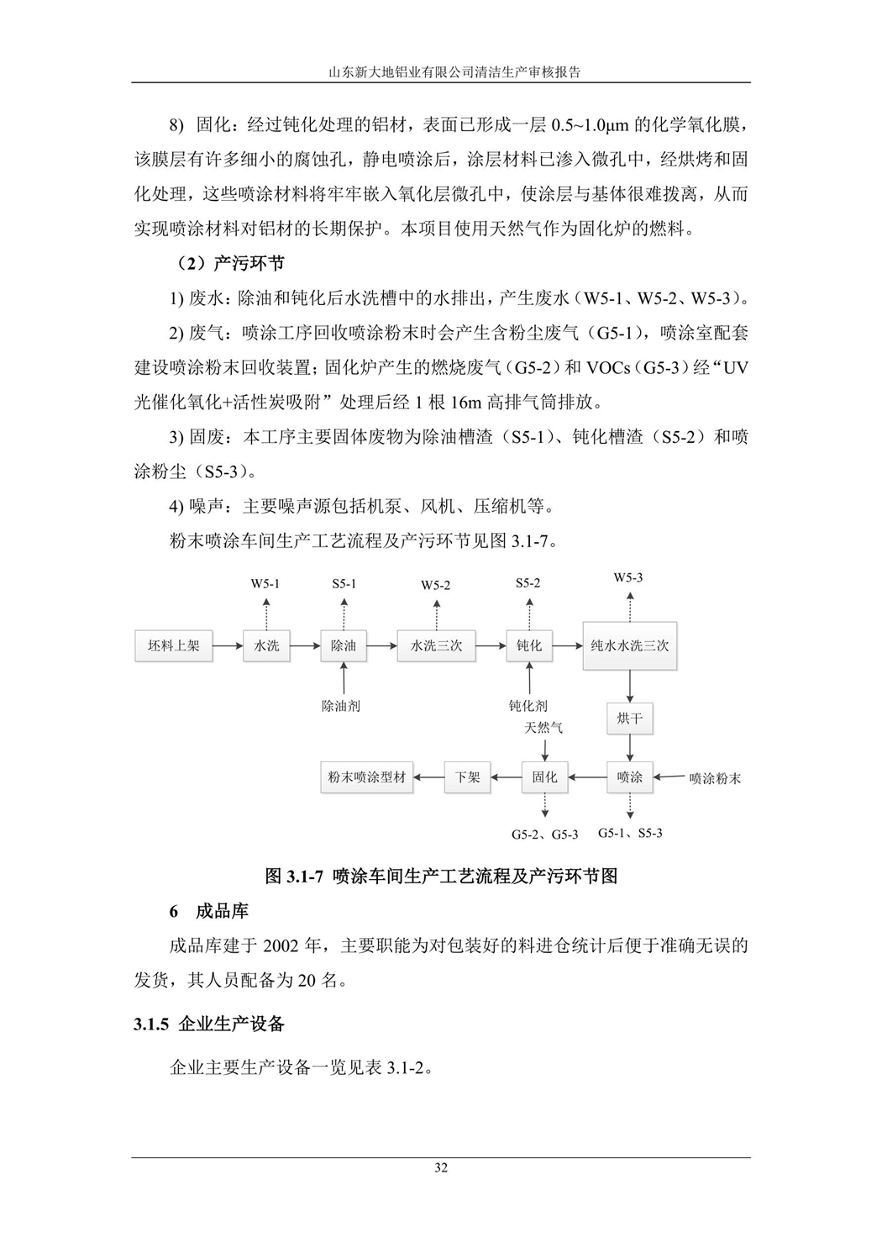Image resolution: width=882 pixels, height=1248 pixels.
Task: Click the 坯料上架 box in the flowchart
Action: click(x=174, y=646)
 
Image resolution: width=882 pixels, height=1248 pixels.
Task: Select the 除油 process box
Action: click(x=344, y=646)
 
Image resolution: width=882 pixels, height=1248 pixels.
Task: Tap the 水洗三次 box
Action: click(x=436, y=646)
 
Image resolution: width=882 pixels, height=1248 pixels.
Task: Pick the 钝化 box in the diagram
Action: click(x=529, y=646)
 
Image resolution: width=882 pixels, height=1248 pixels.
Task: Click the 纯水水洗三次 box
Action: click(x=629, y=646)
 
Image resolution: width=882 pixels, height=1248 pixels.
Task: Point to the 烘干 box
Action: click(x=629, y=719)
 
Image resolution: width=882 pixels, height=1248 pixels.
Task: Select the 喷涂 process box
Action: click(x=629, y=777)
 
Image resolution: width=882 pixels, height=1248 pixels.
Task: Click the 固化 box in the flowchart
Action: click(x=544, y=777)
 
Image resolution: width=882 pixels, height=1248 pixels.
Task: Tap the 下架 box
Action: click(x=468, y=777)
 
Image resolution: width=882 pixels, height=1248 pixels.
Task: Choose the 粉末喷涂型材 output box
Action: click(x=367, y=777)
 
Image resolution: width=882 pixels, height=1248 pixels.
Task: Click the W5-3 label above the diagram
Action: click(x=628, y=577)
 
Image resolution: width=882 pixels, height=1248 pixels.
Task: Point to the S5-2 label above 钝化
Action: click(x=528, y=583)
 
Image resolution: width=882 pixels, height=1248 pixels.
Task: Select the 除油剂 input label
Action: click(x=341, y=706)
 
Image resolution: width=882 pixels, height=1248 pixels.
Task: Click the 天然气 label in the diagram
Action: click(x=544, y=727)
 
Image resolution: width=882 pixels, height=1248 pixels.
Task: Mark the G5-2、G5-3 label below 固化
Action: click(x=545, y=835)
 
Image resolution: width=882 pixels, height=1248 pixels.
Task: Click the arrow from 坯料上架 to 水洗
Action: click(x=227, y=646)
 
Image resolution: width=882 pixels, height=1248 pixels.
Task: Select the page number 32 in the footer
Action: click(x=441, y=1167)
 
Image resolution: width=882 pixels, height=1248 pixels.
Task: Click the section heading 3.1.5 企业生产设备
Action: click(x=209, y=1024)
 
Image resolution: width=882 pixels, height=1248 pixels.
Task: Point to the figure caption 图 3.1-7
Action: click(x=441, y=876)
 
